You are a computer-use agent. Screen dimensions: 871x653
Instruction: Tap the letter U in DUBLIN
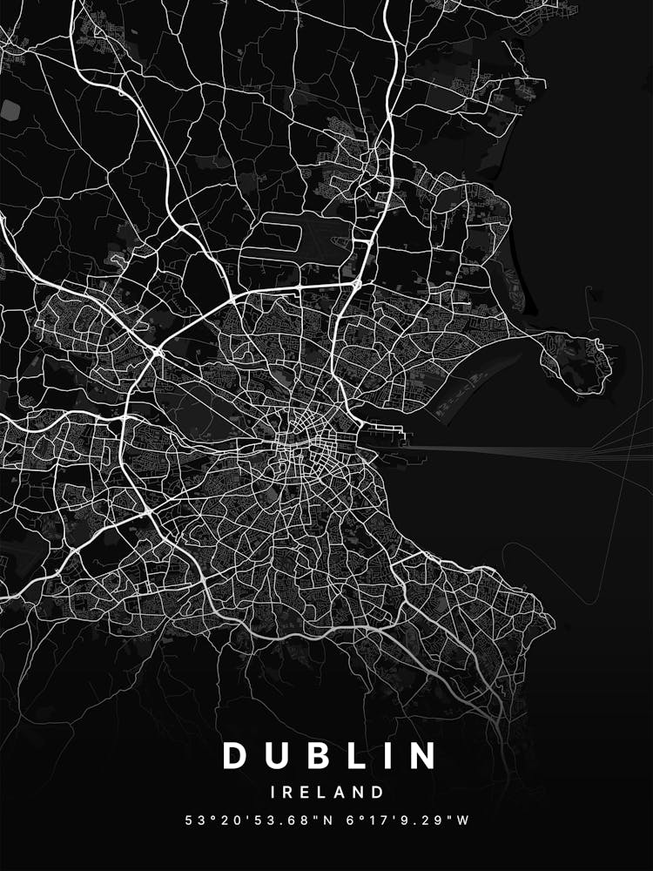pos(279,756)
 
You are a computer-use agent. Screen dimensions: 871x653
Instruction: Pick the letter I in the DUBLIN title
pos(384,756)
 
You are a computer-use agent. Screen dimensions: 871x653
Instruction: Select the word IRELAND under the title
pos(326,793)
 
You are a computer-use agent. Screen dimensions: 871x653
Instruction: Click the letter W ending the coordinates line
pos(464,820)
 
